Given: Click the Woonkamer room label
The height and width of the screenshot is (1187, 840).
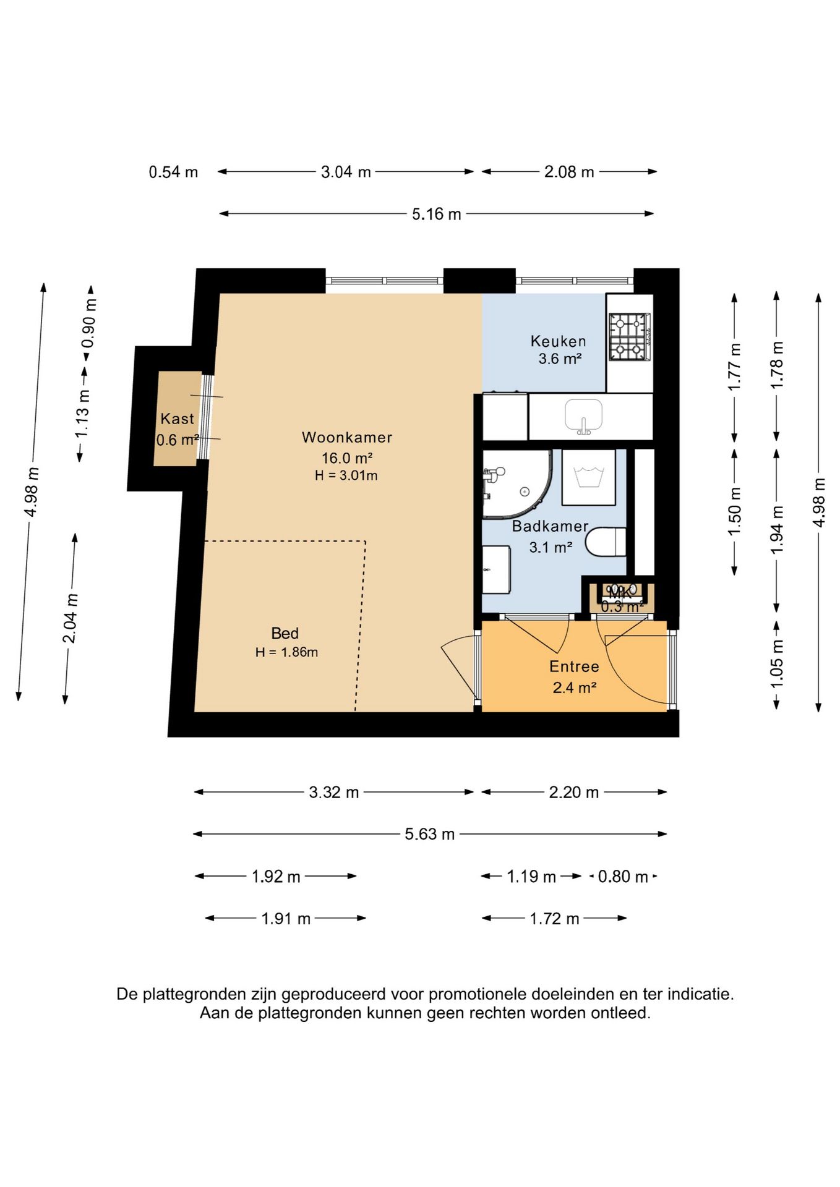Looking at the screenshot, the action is tap(347, 437).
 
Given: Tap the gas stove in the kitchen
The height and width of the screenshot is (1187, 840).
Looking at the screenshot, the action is tap(630, 336).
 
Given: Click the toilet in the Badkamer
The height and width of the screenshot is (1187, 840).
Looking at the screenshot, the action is tap(606, 542).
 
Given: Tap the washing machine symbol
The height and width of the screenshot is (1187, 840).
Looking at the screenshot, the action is tap(588, 477).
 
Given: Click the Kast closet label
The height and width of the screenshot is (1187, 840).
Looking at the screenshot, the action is tap(178, 419).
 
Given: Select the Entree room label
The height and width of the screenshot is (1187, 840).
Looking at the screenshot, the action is tap(574, 666).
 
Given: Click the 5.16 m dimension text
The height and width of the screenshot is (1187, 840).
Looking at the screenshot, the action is tap(437, 214).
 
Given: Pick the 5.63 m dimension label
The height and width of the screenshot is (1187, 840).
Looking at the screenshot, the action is tap(429, 834).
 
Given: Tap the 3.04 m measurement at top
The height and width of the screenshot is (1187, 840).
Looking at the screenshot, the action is tap(346, 172).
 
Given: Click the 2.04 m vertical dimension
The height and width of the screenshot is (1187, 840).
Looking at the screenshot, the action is tap(71, 618).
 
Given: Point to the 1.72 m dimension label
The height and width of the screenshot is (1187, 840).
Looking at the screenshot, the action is tap(554, 919).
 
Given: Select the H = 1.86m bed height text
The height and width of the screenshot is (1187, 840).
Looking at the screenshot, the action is tap(286, 652).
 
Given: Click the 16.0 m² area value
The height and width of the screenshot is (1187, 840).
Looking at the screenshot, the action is tap(346, 458).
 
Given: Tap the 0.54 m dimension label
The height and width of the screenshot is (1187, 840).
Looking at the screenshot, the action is tap(173, 172).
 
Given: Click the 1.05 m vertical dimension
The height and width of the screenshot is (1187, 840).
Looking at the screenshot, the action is tap(776, 664).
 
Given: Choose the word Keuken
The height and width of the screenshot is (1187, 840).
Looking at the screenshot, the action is tap(558, 341).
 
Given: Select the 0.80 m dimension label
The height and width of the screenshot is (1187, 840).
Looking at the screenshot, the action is tap(623, 877).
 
